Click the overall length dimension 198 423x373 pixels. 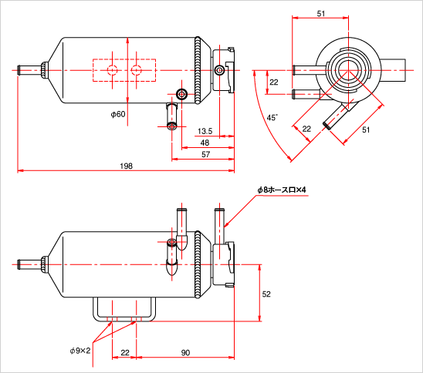127,166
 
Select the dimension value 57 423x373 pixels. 206,154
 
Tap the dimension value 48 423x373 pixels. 205,143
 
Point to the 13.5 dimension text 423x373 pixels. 205,131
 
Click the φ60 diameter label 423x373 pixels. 118,114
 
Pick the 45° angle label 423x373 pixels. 272,118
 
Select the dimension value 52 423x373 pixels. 266,294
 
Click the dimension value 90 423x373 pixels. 185,352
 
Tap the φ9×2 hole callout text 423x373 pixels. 80,351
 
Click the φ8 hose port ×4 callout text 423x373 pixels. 282,190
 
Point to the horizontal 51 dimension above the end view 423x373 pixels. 321,13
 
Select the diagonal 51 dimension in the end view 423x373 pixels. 366,129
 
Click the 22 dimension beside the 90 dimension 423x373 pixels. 125,352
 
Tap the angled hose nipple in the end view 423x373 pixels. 336,117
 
